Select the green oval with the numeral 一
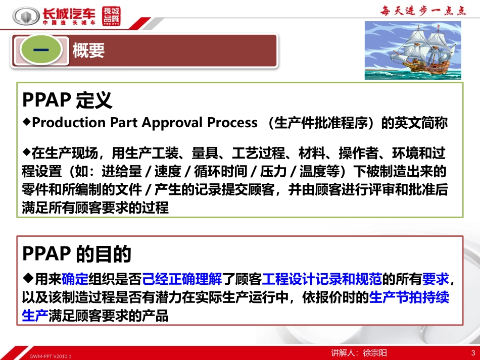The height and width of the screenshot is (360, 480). pyautogui.click(x=41, y=50)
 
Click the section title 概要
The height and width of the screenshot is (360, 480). pyautogui.click(x=88, y=50)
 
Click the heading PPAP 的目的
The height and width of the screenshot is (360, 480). pyautogui.click(x=77, y=254)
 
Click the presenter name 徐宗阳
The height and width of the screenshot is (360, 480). pyautogui.click(x=375, y=353)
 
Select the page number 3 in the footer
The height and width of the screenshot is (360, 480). pyautogui.click(x=473, y=353)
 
